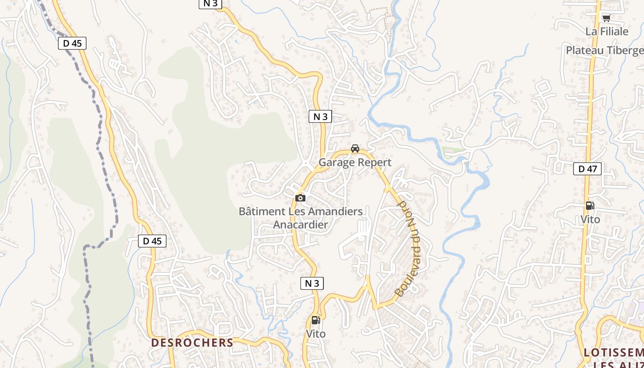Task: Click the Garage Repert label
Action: click(355, 162)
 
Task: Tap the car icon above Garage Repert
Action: click(355, 149)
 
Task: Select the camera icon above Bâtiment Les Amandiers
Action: click(300, 198)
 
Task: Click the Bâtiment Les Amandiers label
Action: click(300, 212)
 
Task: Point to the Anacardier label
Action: click(300, 224)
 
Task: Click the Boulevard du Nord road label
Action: click(408, 248)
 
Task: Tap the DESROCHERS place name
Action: click(192, 343)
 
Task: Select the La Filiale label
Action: click(607, 31)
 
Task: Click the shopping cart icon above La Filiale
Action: click(606, 18)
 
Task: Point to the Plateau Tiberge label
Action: click(604, 50)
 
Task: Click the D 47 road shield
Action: click(587, 169)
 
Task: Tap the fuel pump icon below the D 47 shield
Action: click(590, 206)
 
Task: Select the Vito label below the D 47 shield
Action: click(590, 219)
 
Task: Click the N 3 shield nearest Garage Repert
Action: click(320, 117)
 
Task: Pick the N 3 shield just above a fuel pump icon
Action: click(312, 283)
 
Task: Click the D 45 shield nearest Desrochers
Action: click(152, 241)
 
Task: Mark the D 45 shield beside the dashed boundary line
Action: click(72, 43)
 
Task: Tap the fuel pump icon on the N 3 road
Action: click(316, 320)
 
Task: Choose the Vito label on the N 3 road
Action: click(316, 334)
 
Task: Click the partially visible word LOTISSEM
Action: click(614, 353)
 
